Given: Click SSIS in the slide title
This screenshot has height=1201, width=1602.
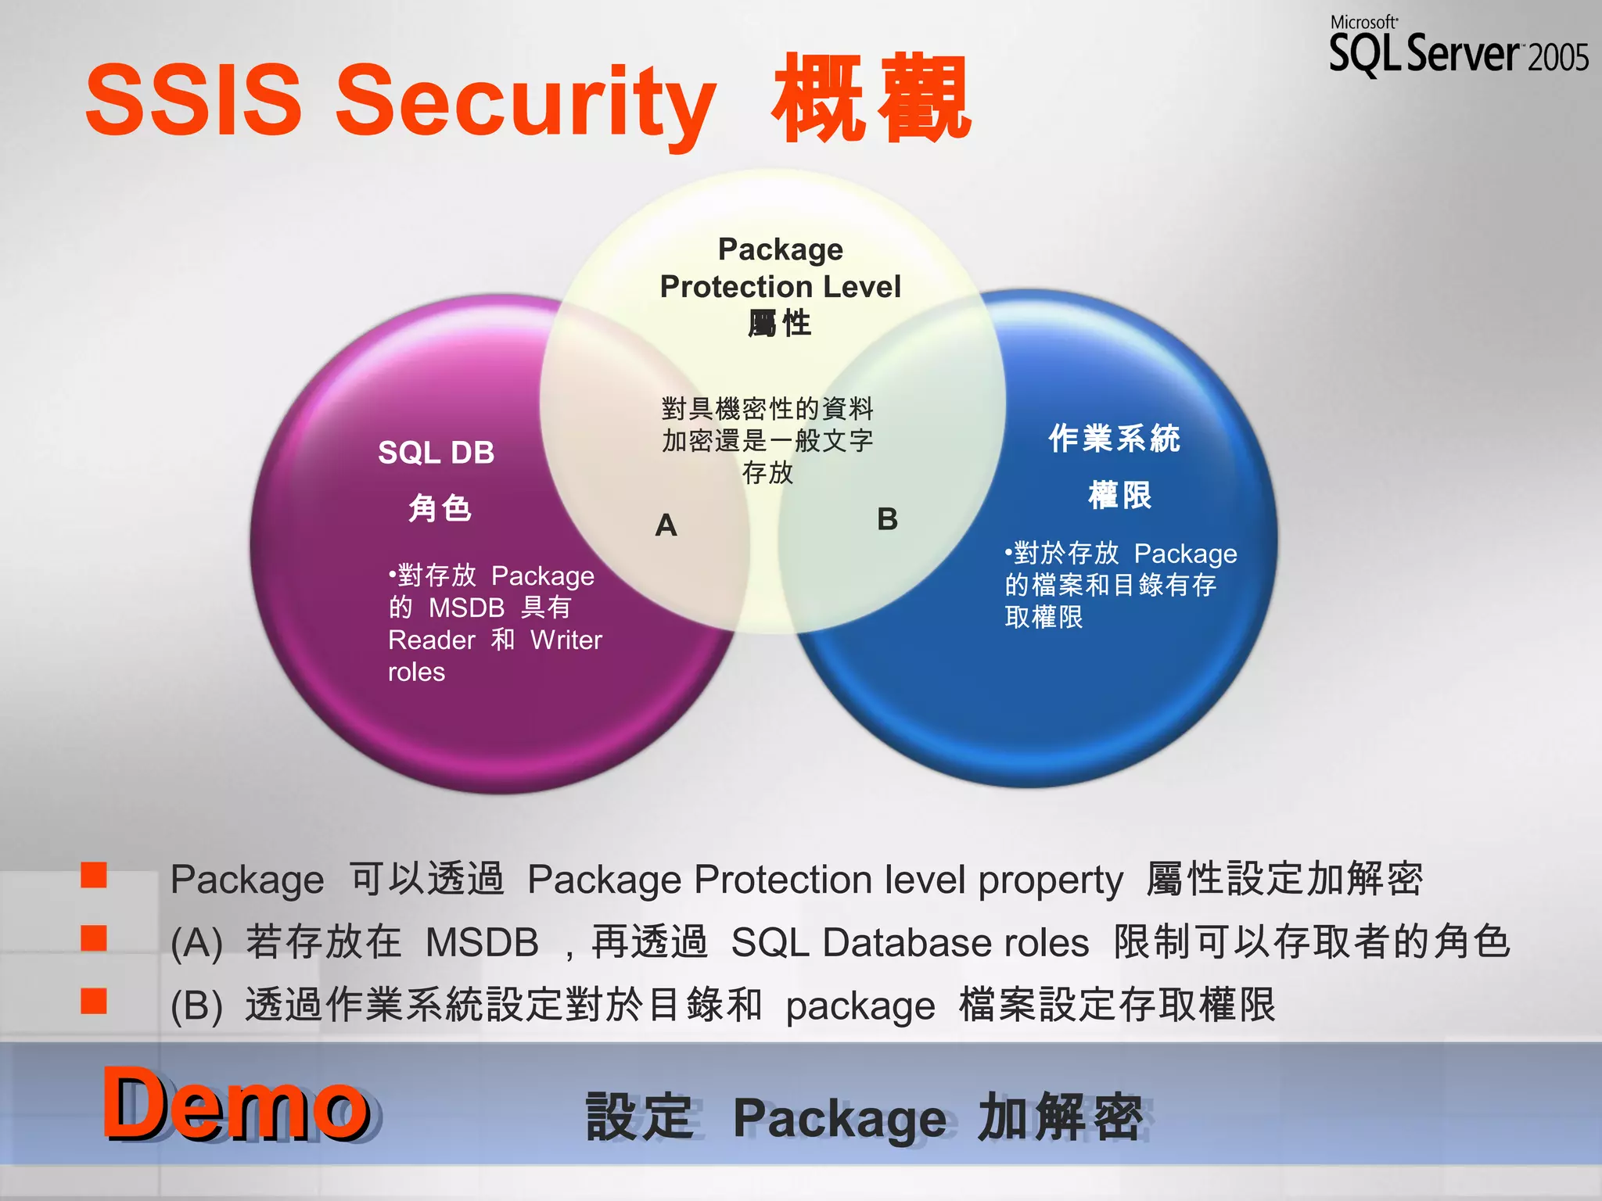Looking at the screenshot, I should [193, 100].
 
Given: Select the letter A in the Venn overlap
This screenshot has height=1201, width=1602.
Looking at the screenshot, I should [666, 525].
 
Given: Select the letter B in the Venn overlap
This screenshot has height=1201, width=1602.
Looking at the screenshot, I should [887, 519].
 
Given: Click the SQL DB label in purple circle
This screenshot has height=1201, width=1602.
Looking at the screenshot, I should [436, 453].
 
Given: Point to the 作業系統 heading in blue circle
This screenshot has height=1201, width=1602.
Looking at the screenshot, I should [1114, 438].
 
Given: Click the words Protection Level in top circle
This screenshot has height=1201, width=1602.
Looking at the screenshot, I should [780, 286].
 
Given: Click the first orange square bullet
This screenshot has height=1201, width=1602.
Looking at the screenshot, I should [94, 875].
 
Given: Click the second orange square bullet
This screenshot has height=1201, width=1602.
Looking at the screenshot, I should [94, 937].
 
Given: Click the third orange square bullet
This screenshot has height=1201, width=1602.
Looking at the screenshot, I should [94, 1001].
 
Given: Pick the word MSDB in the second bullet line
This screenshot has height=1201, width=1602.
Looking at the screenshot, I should [482, 942].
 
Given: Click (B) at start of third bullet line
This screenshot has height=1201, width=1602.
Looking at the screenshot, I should [196, 1006].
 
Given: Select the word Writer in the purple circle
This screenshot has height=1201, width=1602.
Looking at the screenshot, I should [566, 640].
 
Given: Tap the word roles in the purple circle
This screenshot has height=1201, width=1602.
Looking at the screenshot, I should [416, 672].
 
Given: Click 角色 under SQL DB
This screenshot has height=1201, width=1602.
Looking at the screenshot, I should [440, 508].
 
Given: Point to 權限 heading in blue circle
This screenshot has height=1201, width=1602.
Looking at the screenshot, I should [1119, 495].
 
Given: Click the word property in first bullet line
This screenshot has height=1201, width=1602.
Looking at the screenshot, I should [1051, 880].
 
